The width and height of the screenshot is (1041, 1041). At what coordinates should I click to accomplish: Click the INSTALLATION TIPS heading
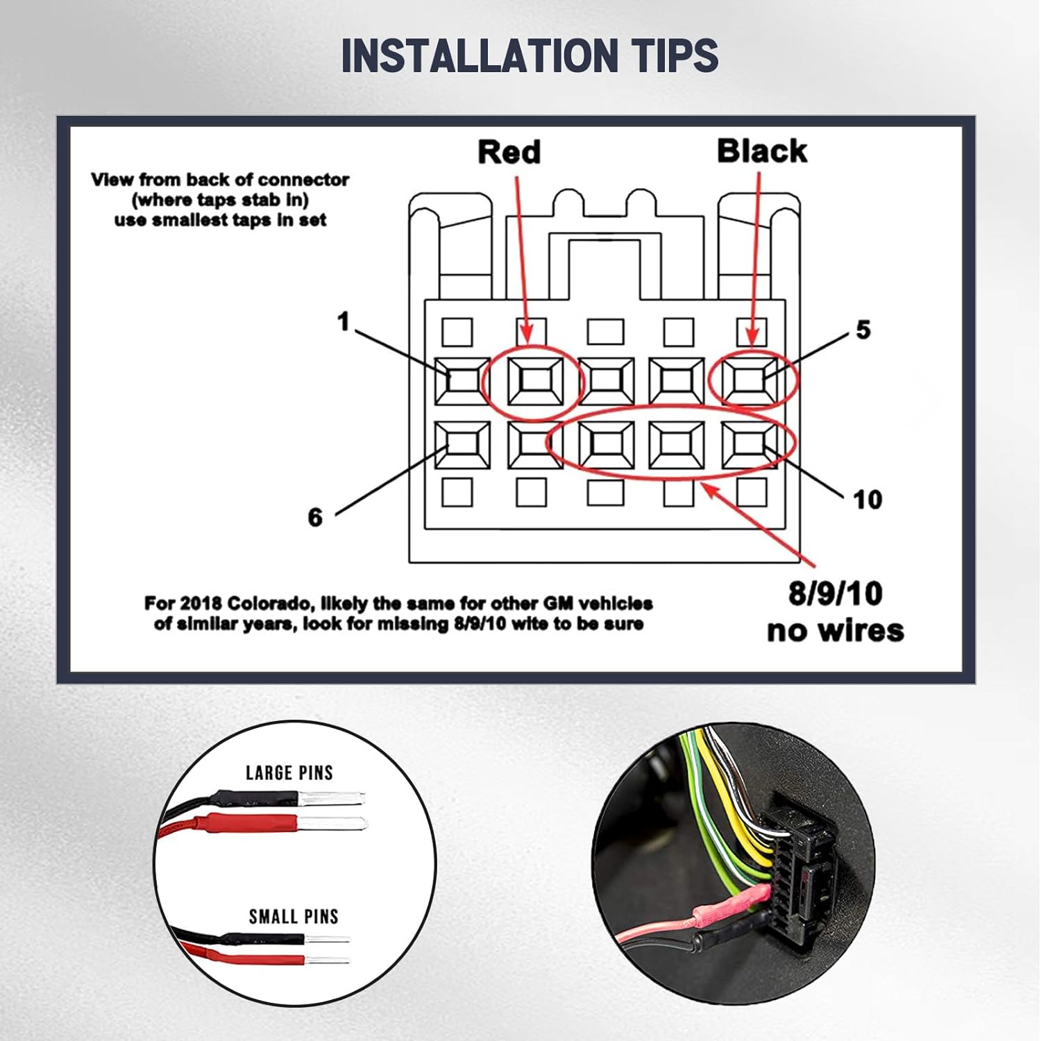(x=530, y=56)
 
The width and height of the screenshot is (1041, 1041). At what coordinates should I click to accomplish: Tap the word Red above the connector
(x=509, y=152)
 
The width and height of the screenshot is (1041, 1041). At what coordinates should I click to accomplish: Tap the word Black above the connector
(x=762, y=151)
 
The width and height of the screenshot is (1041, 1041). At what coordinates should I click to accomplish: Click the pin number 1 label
(x=344, y=322)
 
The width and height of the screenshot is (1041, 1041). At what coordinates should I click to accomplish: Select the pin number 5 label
(x=863, y=330)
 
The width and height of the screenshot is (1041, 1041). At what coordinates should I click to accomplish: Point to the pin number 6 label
(x=315, y=517)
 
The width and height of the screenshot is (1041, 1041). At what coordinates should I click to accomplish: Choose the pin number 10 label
(x=867, y=500)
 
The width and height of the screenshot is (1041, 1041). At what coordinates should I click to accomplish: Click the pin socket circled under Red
(x=534, y=382)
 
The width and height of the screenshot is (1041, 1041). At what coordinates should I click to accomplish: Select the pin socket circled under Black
(x=750, y=382)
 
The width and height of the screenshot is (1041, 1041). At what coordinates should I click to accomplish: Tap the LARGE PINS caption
(x=289, y=772)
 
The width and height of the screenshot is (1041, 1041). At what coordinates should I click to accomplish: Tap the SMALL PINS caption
(x=294, y=916)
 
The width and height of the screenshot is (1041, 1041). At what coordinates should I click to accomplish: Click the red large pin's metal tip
(x=333, y=824)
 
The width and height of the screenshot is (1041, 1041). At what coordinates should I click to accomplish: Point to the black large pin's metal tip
(x=331, y=798)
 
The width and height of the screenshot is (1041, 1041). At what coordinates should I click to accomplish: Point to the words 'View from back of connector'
(x=220, y=180)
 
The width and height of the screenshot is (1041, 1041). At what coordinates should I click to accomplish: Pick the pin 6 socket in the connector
(x=462, y=445)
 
